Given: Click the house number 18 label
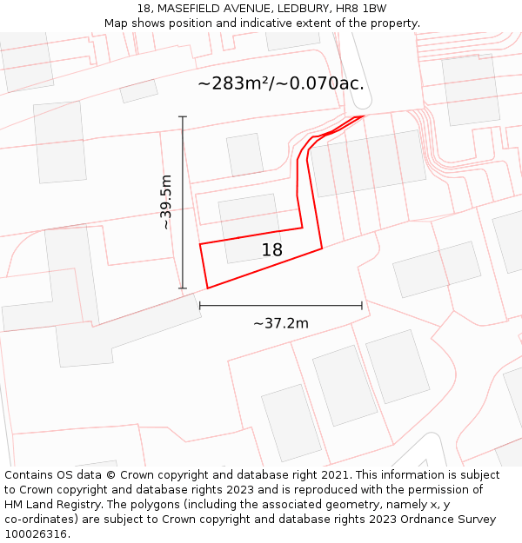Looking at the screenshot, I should tap(272, 250).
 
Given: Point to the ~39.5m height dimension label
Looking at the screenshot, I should tap(165, 202).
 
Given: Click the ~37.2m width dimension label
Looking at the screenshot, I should tap(281, 323).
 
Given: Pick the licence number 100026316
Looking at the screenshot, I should tap(35, 534).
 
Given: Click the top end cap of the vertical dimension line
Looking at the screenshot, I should tap(183, 116).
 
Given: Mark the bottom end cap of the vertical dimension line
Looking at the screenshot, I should tap(183, 288).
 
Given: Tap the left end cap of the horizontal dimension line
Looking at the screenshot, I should tap(200, 306).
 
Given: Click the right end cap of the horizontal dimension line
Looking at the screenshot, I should tap(362, 306).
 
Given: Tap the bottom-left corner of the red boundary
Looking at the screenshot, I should tap(207, 288).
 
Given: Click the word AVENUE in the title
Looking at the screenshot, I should tap(248, 9).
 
